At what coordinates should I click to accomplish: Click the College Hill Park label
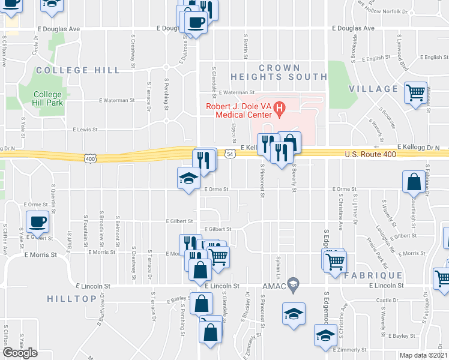[x=47, y=98]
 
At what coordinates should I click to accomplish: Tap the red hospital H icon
[x=279, y=108]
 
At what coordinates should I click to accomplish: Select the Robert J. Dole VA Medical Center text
[x=238, y=112]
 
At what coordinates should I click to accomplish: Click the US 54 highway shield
[x=230, y=154]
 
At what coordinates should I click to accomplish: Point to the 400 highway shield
[x=90, y=158]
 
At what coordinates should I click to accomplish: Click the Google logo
[x=20, y=353]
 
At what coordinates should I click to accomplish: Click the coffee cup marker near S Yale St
[x=37, y=221]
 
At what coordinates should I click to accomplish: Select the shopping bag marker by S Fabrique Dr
[x=414, y=181]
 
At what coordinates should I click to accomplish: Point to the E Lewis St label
[x=85, y=129]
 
